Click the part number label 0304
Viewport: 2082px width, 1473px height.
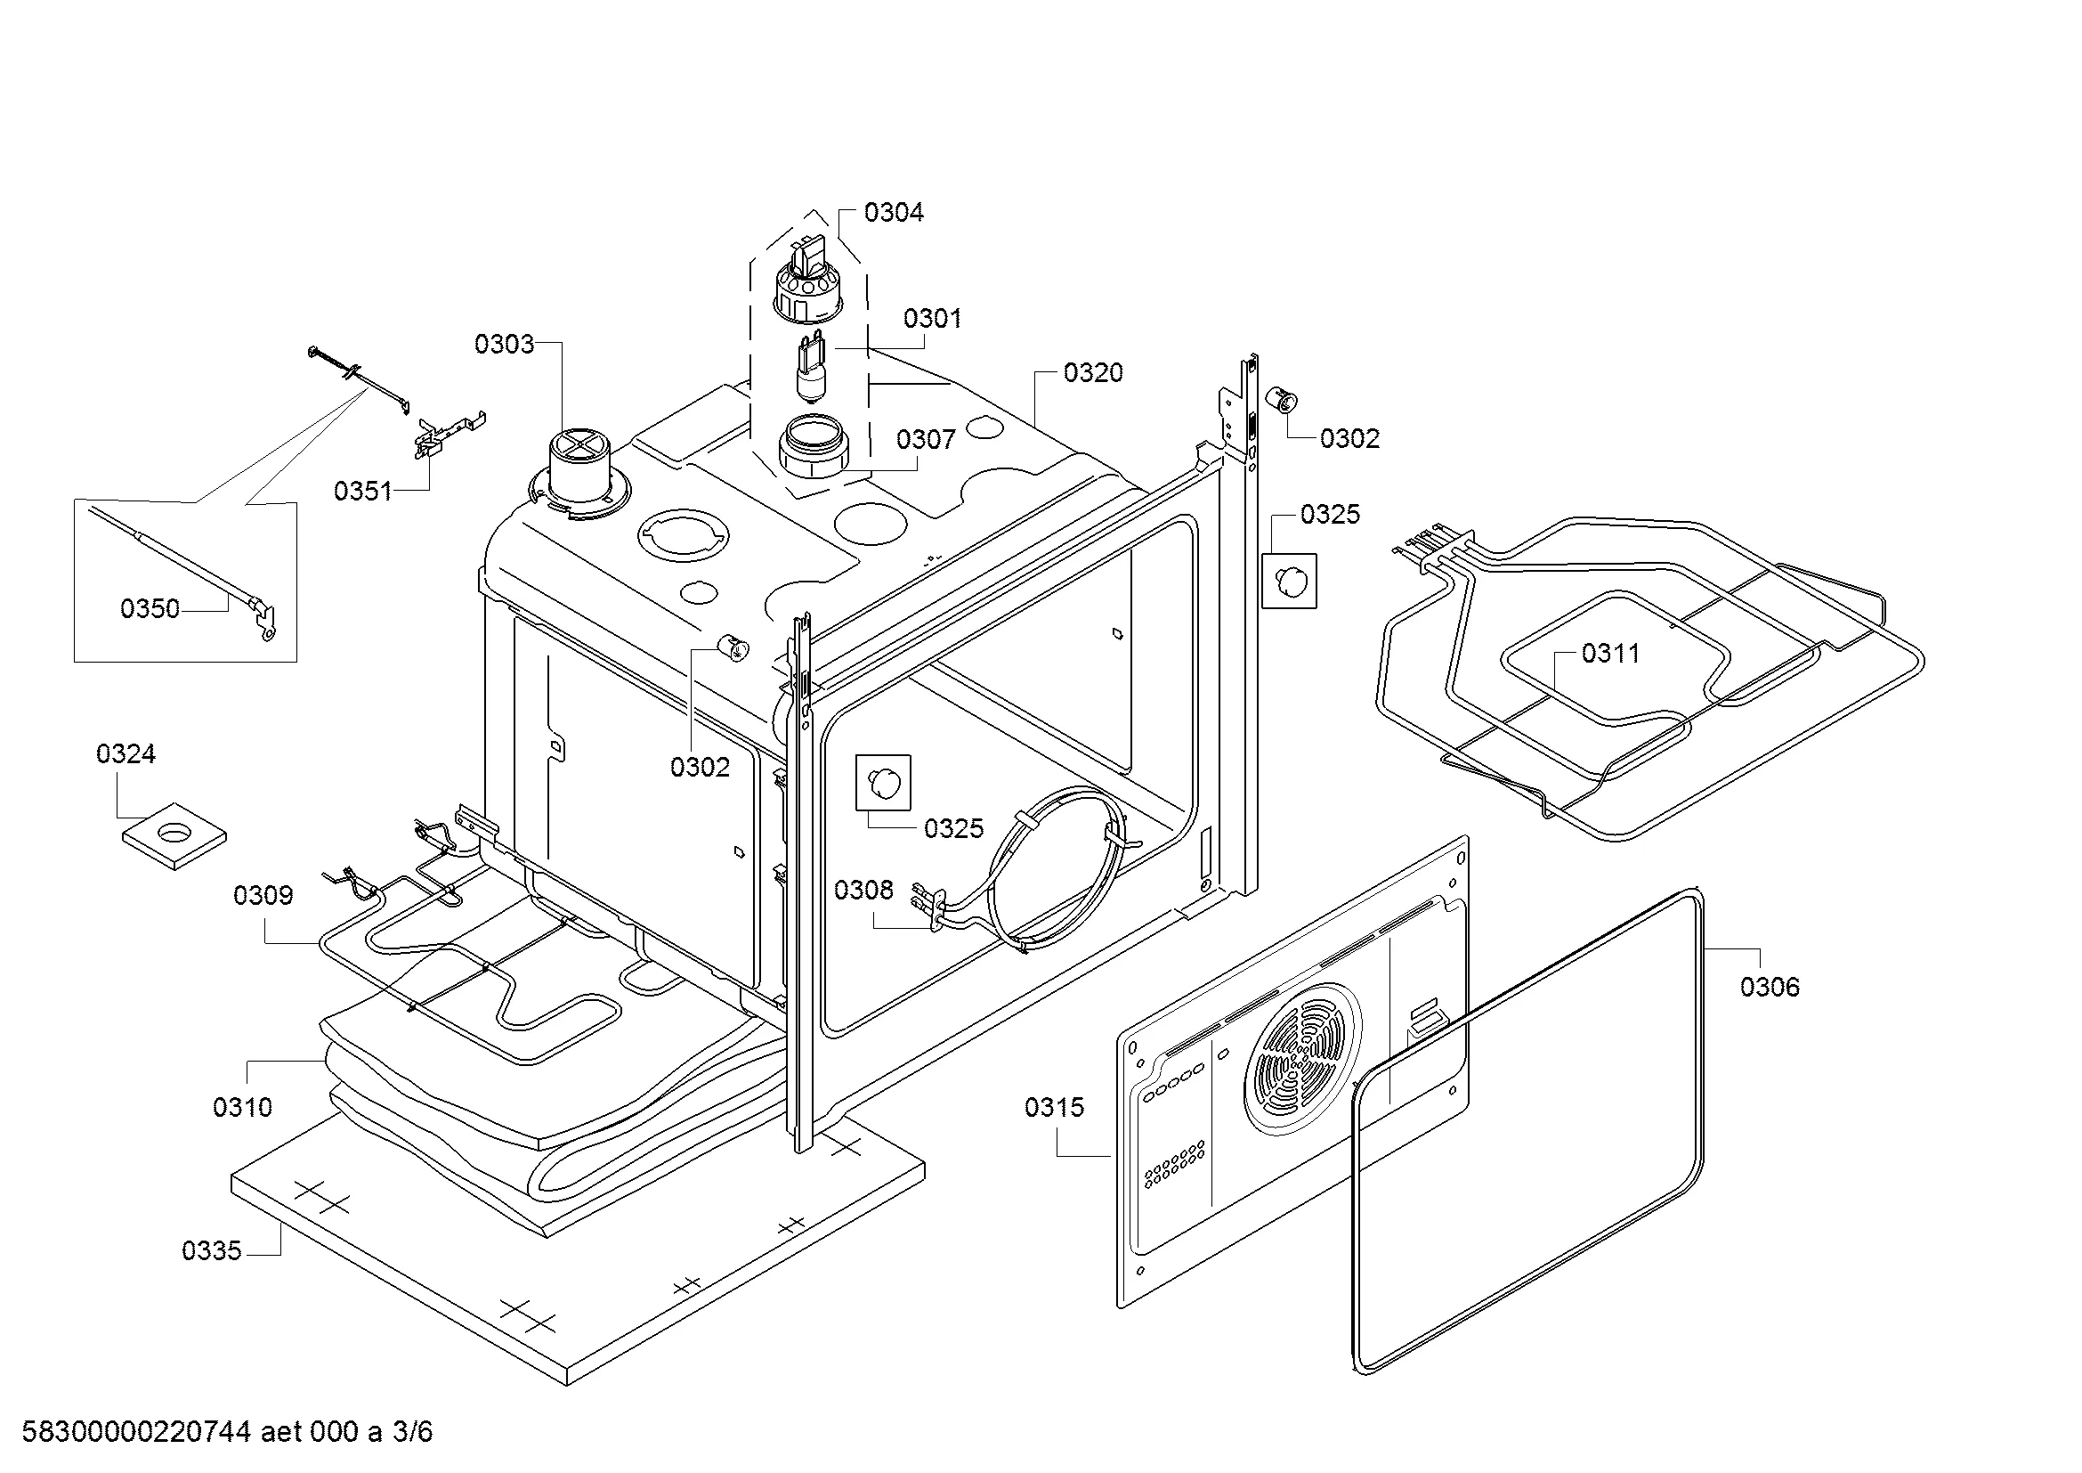[893, 212]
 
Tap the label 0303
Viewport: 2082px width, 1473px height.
[504, 344]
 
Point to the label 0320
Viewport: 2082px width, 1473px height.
[1093, 373]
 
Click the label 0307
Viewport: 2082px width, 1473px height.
[925, 439]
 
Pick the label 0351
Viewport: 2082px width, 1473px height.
[362, 491]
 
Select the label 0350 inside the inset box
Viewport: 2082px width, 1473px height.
[150, 607]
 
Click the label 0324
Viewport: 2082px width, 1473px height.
[126, 753]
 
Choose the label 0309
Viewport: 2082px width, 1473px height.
[263, 895]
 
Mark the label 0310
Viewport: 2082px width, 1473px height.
[242, 1107]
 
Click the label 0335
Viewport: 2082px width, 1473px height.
[211, 1250]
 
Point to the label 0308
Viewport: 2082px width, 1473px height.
[863, 890]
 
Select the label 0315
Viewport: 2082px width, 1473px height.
[1054, 1107]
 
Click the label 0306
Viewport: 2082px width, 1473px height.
[1770, 987]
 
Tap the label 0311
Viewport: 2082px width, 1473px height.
[1610, 653]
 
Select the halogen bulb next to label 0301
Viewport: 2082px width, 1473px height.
[809, 367]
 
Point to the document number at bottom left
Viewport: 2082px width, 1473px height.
[227, 1431]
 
